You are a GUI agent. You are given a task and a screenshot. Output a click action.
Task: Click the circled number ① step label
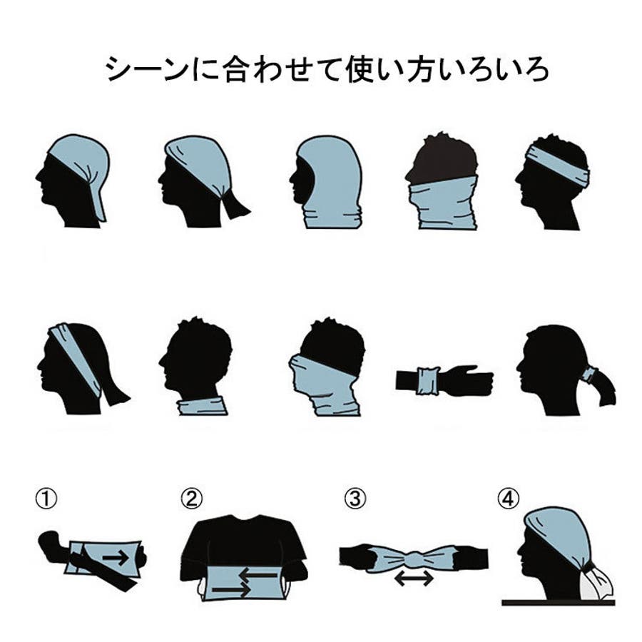[46, 499]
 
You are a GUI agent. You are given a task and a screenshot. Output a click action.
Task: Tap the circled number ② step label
[191, 499]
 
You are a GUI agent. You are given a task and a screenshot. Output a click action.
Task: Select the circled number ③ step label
[355, 499]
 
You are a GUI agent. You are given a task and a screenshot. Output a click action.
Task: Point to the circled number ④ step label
[508, 499]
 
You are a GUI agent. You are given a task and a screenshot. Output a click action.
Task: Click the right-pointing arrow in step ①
[115, 558]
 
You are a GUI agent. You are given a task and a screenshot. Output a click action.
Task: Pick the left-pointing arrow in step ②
[258, 576]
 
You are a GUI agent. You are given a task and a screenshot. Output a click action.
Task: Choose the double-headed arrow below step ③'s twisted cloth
[414, 578]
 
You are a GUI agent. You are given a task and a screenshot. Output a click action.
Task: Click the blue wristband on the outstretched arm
[427, 381]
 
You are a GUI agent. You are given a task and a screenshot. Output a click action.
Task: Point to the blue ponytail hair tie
[589, 374]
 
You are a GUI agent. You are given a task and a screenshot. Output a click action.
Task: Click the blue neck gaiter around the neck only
[203, 405]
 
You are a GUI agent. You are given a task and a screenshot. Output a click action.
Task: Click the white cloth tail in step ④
[597, 583]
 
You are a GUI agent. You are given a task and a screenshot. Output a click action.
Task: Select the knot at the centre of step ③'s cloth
[414, 557]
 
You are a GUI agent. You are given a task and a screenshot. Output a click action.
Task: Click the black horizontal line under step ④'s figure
[559, 603]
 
